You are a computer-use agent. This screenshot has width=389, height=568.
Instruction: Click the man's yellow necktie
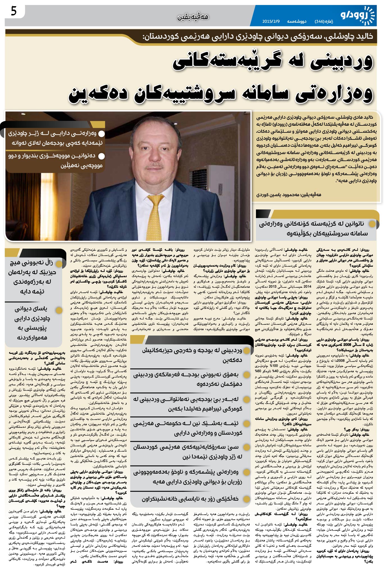(x=155, y=213)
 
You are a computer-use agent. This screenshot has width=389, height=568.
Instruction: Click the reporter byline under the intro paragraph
(x=289, y=194)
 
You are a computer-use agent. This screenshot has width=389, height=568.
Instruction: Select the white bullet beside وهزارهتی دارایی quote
(x=102, y=133)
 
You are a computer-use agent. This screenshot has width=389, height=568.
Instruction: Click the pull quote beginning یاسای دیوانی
(x=31, y=323)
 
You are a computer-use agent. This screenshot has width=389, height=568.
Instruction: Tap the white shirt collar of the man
(x=146, y=191)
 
